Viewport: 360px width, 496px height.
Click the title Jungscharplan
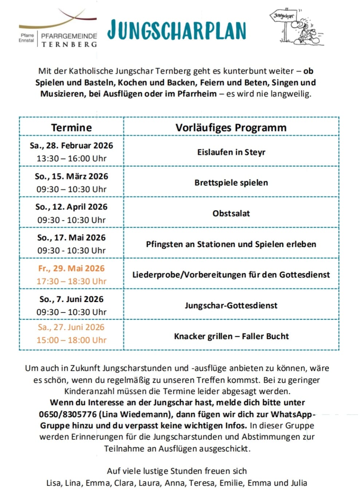coord(177,30)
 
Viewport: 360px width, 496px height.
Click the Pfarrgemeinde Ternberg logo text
coord(69,40)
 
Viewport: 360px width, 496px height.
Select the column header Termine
coord(71,128)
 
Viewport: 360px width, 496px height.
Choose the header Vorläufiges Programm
coord(231,128)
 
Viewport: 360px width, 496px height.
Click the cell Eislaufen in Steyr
coord(231,152)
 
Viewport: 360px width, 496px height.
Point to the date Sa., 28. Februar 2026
coord(71,146)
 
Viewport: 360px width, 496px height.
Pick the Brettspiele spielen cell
coord(231,183)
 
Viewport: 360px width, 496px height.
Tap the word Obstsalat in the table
coord(231,214)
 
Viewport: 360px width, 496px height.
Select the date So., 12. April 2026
coord(71,207)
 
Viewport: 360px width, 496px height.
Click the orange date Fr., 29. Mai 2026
coord(71,269)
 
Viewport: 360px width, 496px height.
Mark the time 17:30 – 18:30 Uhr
coord(71,281)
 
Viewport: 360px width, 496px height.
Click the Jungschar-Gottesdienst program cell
coord(231,306)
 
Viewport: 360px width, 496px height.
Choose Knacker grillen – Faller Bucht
coord(231,336)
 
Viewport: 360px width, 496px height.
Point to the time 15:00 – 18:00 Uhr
coord(71,340)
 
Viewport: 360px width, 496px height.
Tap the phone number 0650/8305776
coord(68,414)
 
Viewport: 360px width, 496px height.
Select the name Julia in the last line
coord(299,483)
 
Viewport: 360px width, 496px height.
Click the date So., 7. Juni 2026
coord(71,299)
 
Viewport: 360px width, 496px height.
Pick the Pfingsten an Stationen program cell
coord(231,244)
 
